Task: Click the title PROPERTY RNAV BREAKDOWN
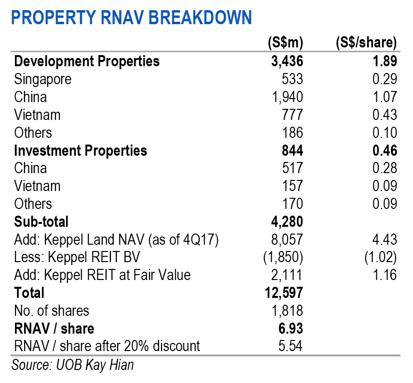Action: (131, 18)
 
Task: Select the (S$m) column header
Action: (285, 43)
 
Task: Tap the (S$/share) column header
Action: (366, 43)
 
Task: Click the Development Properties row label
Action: (87, 61)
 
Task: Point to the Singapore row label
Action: (43, 79)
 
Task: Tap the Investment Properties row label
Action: (81, 150)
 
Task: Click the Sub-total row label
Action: (41, 221)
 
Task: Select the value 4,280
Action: (287, 221)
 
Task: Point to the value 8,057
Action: (287, 239)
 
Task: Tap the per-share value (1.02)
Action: (381, 257)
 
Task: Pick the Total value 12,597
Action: (284, 293)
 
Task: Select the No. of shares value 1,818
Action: (288, 310)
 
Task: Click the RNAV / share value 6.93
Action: (290, 328)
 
